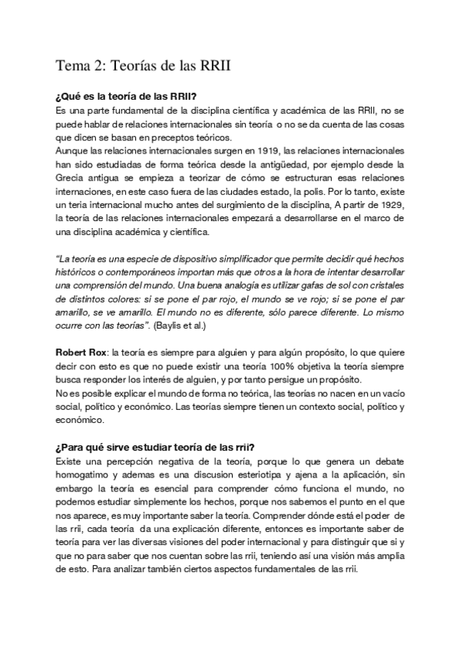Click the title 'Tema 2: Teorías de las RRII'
click(x=143, y=67)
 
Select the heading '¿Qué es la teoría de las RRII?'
click(x=127, y=97)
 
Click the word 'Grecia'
click(x=71, y=178)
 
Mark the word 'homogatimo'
click(x=84, y=475)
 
